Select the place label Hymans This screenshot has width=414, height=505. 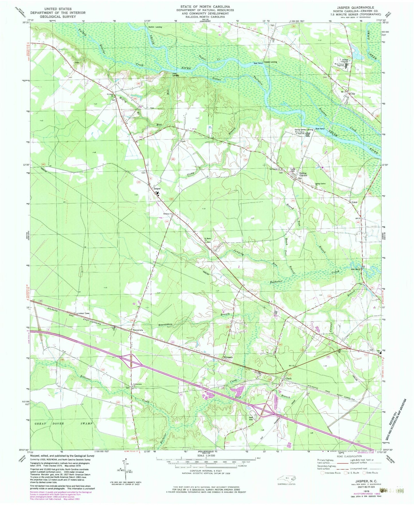tap(228, 358)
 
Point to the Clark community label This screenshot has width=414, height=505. tap(288, 378)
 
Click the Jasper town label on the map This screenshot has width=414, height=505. tap(157, 189)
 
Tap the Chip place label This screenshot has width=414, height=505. tap(352, 94)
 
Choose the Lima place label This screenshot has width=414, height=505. tap(354, 202)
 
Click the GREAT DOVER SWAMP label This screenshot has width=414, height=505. tap(62, 423)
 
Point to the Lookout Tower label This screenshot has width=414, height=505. tap(83, 313)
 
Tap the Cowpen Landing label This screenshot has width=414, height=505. tap(270, 62)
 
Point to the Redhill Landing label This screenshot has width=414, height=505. tap(155, 27)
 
